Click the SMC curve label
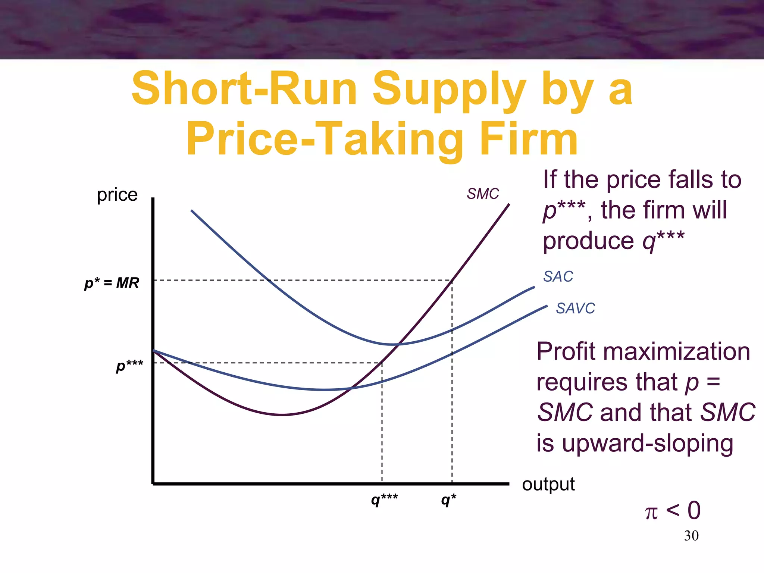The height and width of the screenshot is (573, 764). point(483,194)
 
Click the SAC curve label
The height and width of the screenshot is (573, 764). point(558,276)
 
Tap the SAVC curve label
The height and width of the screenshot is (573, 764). point(575,308)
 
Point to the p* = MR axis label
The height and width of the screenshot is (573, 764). point(112,283)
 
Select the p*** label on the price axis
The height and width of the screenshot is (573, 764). point(129,365)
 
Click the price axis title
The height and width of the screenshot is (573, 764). point(117,195)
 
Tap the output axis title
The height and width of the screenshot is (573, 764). point(548,484)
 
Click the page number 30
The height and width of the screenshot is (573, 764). point(691,536)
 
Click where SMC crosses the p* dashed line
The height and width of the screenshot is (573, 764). point(452,280)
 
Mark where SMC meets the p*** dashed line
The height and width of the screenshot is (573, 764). point(382,363)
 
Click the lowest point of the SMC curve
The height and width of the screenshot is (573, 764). point(283,414)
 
